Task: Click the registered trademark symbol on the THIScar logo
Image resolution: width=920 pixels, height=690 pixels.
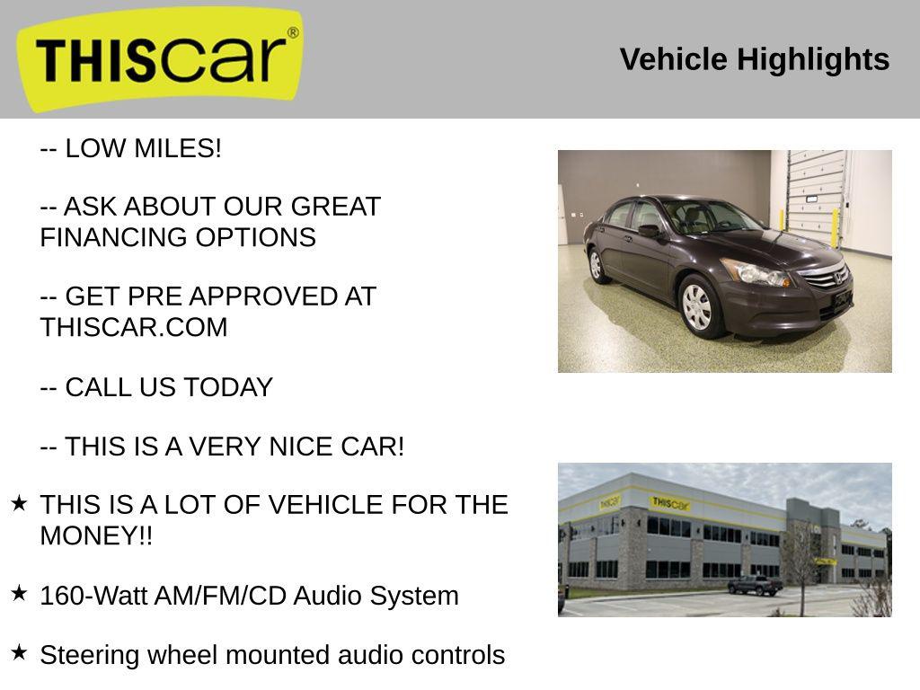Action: [x=293, y=33]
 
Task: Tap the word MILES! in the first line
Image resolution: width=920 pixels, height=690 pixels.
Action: [x=177, y=149]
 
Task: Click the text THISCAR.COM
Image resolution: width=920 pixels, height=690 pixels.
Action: [x=134, y=328]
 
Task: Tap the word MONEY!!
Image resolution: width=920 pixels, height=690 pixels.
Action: [x=96, y=536]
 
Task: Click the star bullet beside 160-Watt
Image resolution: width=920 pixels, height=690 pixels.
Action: [x=19, y=593]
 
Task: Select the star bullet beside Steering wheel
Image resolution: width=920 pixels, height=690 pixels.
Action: [x=19, y=652]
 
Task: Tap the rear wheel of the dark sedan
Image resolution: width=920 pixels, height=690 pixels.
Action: [x=595, y=265]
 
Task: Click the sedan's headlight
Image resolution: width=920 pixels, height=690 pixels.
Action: [x=753, y=271]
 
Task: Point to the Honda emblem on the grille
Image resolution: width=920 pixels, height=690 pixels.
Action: [x=840, y=279]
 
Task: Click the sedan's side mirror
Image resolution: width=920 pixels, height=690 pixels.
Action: [x=650, y=230]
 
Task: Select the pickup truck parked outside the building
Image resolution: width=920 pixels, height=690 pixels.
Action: [x=755, y=586]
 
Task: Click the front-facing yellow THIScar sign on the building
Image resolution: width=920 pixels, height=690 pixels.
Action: [x=670, y=504]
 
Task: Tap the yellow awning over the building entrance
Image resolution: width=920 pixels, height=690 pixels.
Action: [x=823, y=562]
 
